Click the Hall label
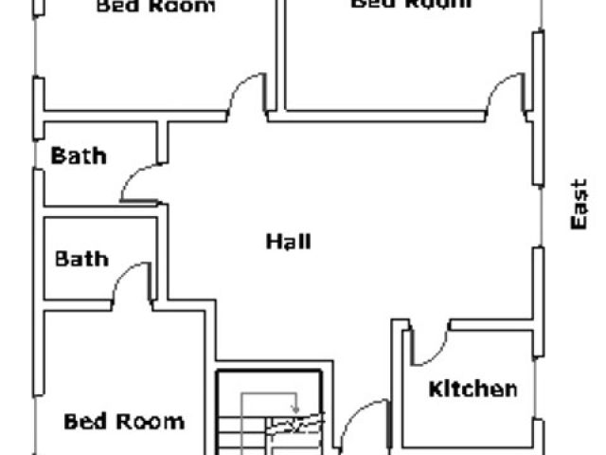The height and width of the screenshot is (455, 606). pos(288,242)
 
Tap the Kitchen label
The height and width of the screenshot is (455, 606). pos(472,389)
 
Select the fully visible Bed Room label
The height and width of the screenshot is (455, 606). pos(123,421)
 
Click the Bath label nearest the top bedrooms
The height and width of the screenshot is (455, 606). pos(78,155)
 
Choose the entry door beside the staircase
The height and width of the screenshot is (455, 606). pos(358,427)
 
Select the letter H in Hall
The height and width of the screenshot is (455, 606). pos(272,242)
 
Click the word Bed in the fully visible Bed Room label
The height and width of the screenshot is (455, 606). pos(82,421)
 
